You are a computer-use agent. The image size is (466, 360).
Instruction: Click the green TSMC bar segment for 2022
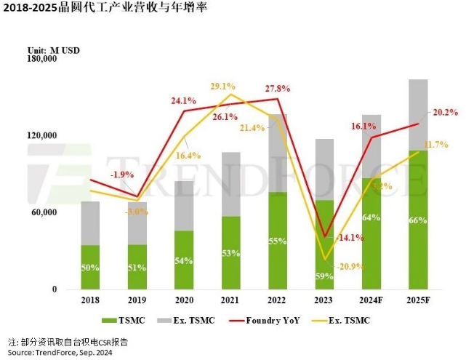pos(277,240)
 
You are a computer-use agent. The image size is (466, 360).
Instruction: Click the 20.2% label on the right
pos(444,112)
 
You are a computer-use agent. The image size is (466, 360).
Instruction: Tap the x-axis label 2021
pos(230,298)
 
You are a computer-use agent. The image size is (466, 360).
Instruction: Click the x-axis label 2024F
pos(371,298)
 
